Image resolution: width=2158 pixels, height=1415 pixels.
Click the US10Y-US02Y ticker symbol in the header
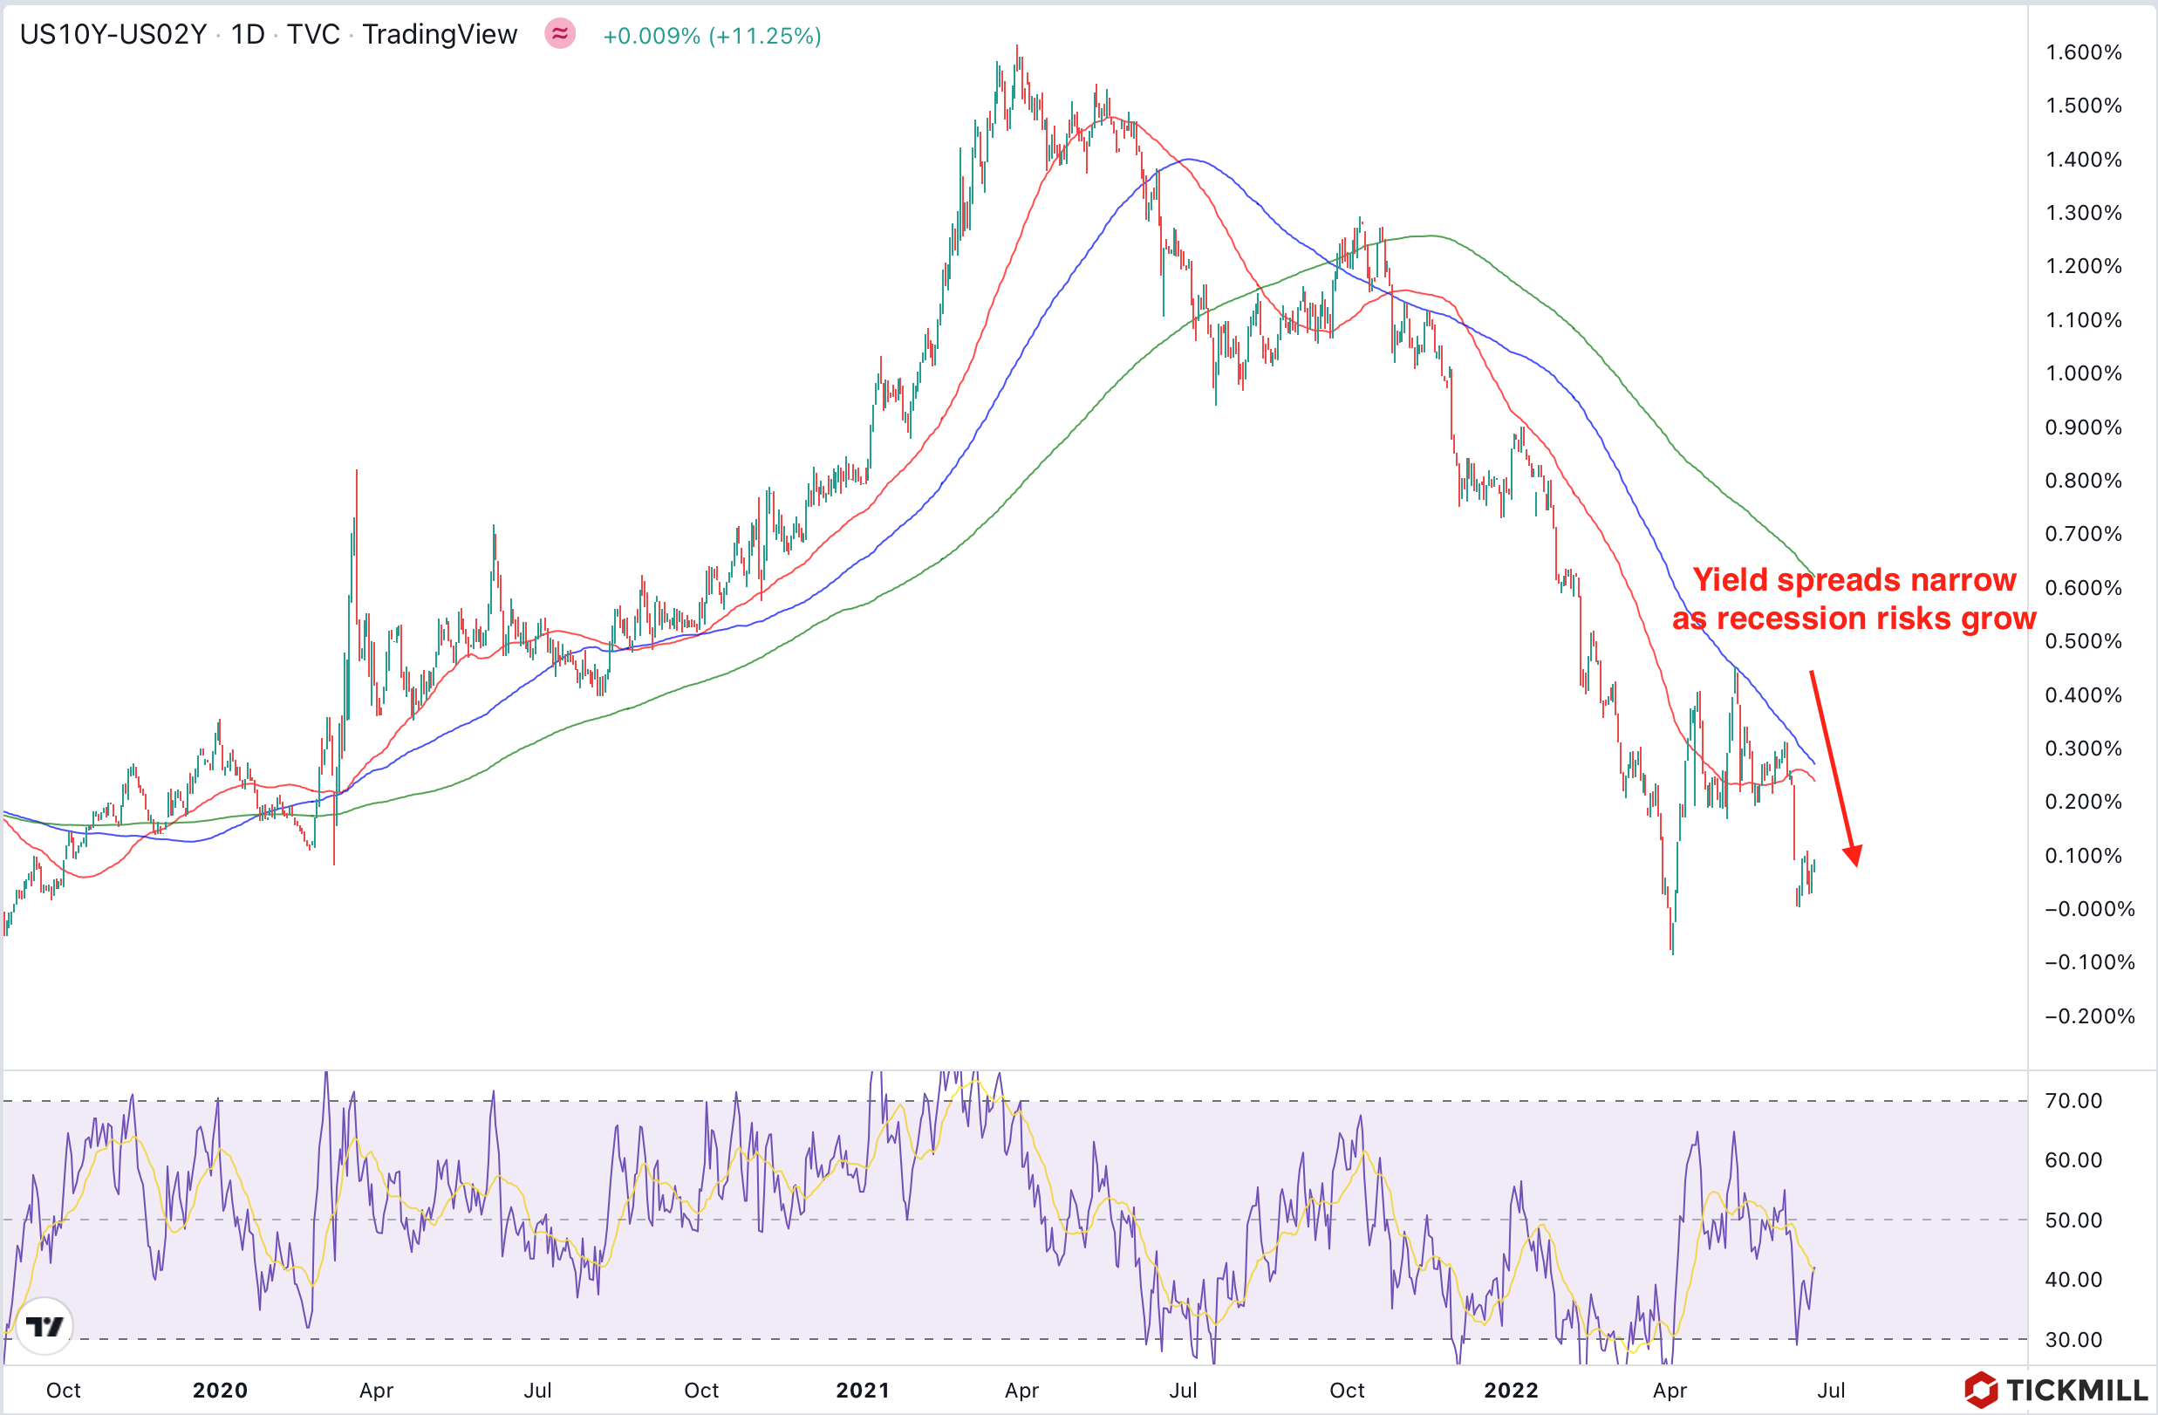(113, 35)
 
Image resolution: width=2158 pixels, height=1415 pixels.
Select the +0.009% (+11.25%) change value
(712, 36)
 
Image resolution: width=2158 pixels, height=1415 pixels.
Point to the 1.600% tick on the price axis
(2083, 52)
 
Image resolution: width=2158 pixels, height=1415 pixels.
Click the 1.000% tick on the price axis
(2083, 373)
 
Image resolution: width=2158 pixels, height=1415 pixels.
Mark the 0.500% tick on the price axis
(2083, 641)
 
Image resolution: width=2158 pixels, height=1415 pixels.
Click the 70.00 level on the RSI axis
(2073, 1101)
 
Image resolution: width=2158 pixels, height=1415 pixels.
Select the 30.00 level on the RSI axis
(2073, 1340)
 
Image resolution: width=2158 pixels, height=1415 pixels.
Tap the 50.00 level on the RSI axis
(2073, 1220)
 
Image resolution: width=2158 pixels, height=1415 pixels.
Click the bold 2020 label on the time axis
(220, 1391)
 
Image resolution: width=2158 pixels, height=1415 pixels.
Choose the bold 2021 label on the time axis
(863, 1391)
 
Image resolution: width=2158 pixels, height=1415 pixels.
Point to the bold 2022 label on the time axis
(1511, 1391)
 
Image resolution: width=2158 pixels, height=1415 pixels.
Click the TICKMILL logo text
(2075, 1390)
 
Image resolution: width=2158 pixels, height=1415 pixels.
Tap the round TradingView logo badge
(44, 1327)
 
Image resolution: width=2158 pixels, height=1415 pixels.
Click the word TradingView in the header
(440, 35)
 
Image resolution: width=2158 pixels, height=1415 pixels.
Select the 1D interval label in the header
(247, 35)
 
